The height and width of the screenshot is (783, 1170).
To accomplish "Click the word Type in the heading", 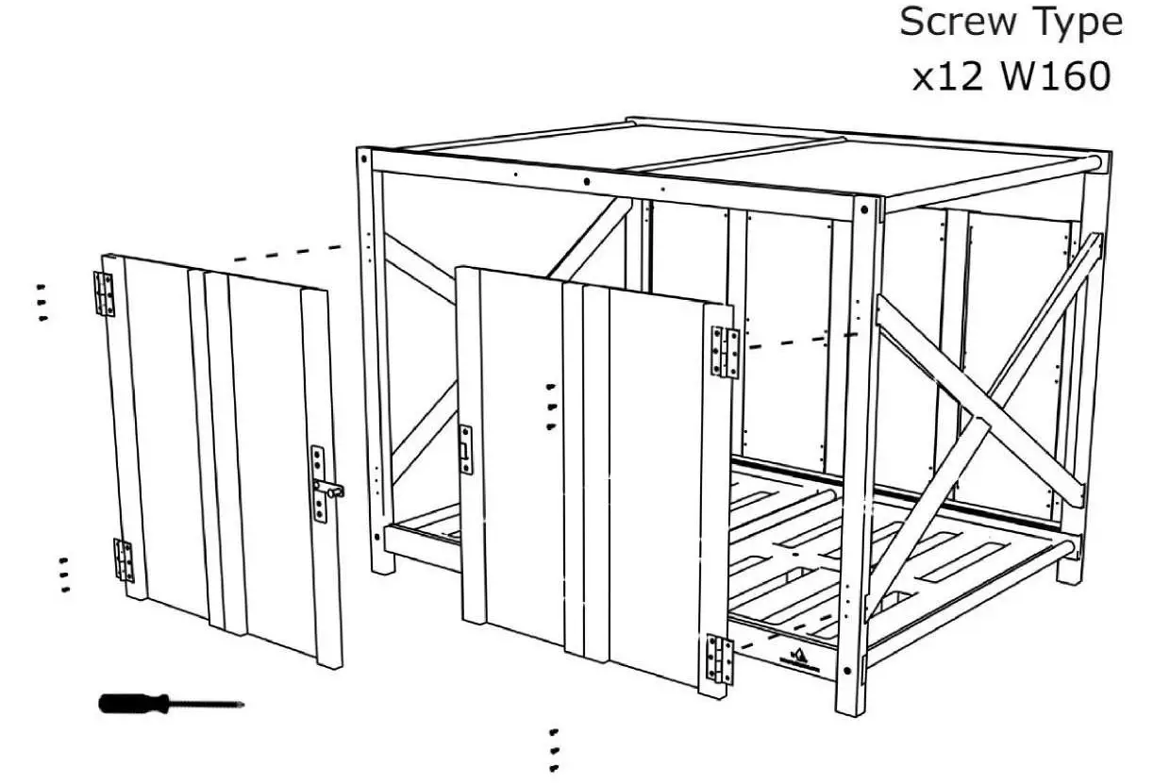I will tap(1077, 24).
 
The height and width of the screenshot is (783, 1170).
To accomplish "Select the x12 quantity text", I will tap(947, 77).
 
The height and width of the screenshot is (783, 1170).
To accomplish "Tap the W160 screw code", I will tap(1056, 77).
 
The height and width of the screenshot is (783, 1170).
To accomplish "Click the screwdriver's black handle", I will tap(133, 703).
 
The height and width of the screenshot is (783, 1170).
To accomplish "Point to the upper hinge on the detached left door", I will tap(104, 293).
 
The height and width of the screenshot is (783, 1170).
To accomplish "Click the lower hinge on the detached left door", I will tap(124, 559).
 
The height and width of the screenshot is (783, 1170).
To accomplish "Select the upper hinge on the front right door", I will tap(726, 352).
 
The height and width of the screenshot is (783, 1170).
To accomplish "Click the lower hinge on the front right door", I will tap(720, 658).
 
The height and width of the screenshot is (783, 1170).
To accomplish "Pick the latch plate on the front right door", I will tap(465, 448).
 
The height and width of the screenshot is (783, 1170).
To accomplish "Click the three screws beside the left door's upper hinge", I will tap(42, 302).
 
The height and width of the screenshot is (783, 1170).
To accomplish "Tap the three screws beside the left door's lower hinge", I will tap(64, 575).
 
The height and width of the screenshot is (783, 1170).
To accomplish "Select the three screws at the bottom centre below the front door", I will tap(554, 750).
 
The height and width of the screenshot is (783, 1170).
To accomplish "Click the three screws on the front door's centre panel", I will tap(551, 406).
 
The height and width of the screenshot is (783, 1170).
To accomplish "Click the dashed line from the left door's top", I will tap(288, 252).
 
